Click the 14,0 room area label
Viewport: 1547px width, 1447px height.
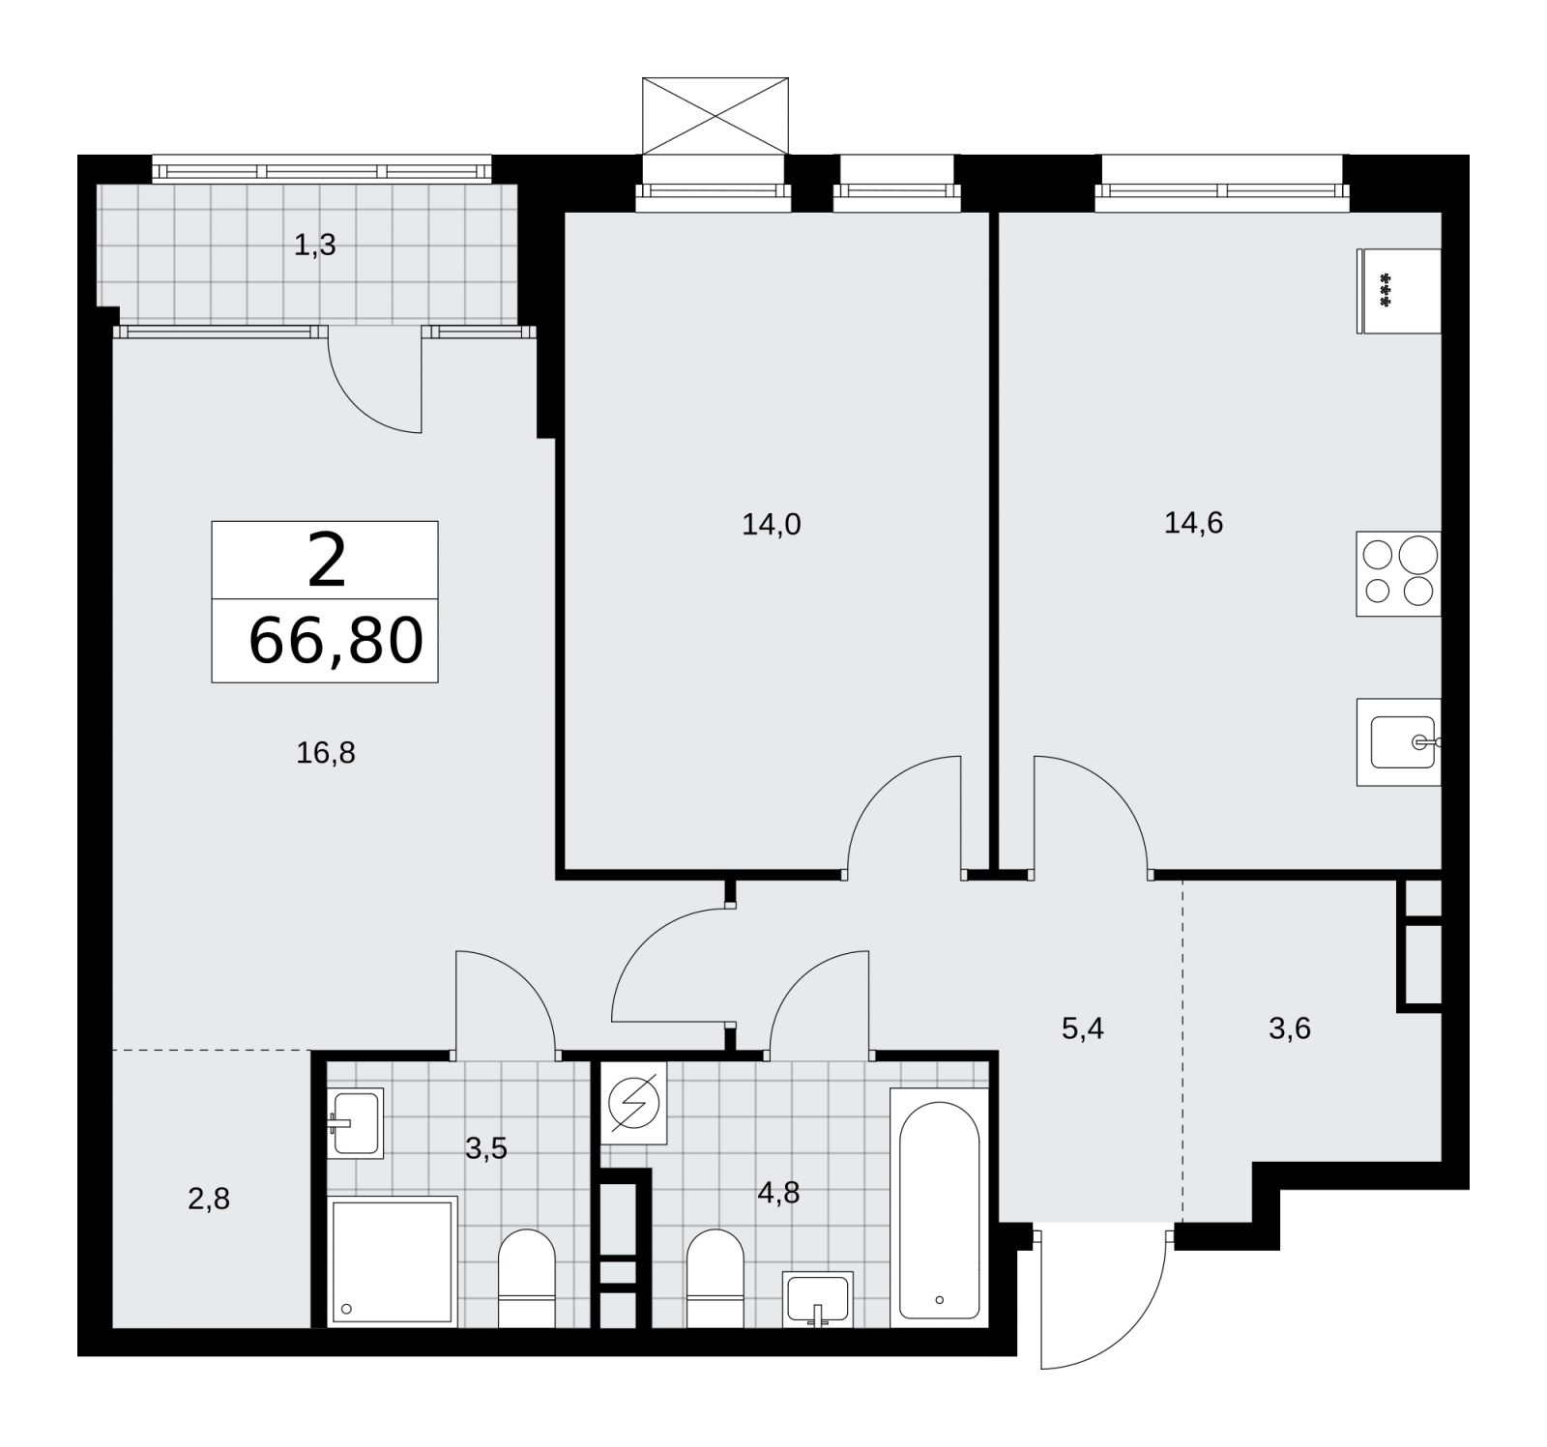[x=772, y=525]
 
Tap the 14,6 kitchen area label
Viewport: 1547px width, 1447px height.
[x=1193, y=523]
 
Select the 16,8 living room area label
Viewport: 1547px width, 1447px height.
[x=326, y=753]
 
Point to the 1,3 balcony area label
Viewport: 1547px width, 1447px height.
[x=315, y=246]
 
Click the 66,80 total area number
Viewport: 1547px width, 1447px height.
[x=336, y=641]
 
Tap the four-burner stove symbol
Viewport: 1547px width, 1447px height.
[x=1398, y=573]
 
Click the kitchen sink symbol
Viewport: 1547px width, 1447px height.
[x=1399, y=742]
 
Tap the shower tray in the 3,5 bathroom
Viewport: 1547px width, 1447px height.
[x=393, y=1261]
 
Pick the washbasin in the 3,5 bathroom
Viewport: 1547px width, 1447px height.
[x=356, y=1122]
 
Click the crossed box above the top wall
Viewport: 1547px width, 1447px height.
[x=715, y=116]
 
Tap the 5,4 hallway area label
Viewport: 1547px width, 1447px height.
[x=1083, y=1028]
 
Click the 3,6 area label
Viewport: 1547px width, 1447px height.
[x=1290, y=1028]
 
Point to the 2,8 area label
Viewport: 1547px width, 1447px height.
[x=209, y=1200]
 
